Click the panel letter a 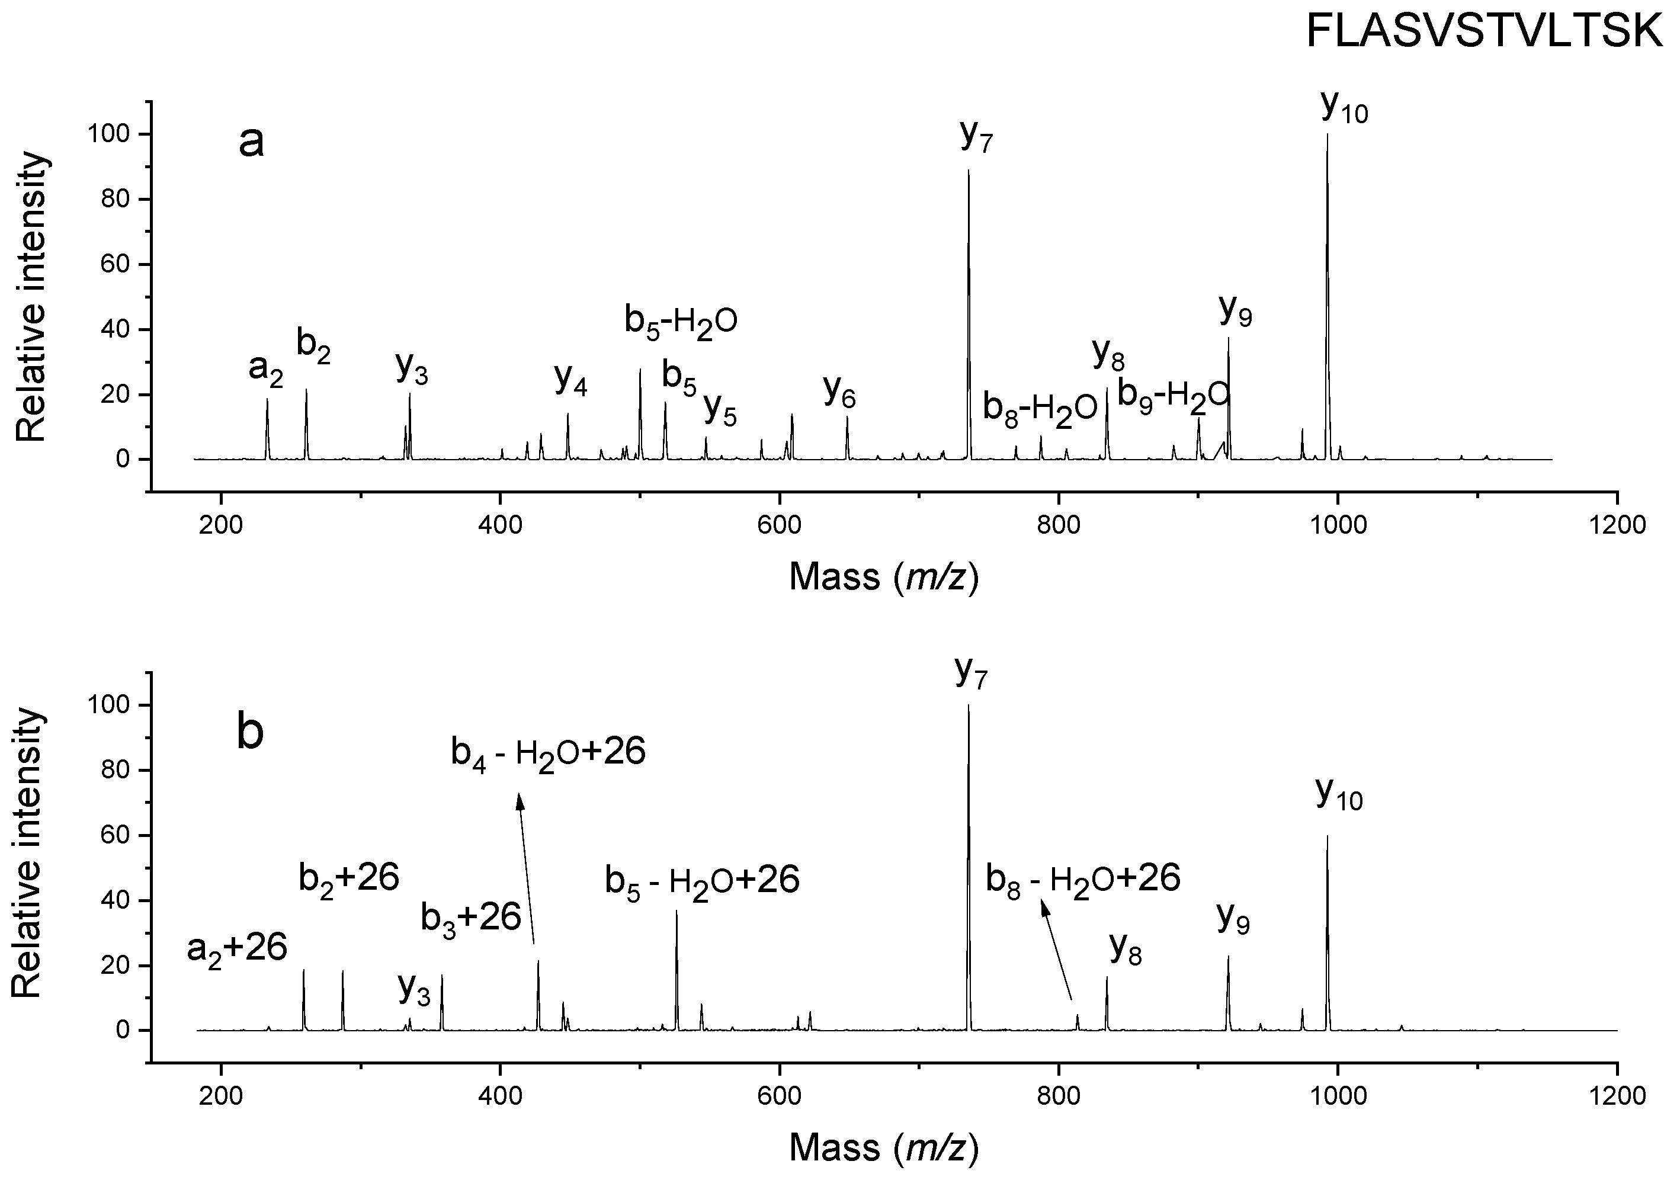click(x=251, y=142)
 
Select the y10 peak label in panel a click(x=1344, y=108)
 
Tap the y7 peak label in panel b click(x=971, y=673)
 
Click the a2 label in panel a click(x=265, y=368)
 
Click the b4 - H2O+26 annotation click(x=548, y=753)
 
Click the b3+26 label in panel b click(x=470, y=918)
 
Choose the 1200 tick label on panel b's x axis click(x=1617, y=1096)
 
